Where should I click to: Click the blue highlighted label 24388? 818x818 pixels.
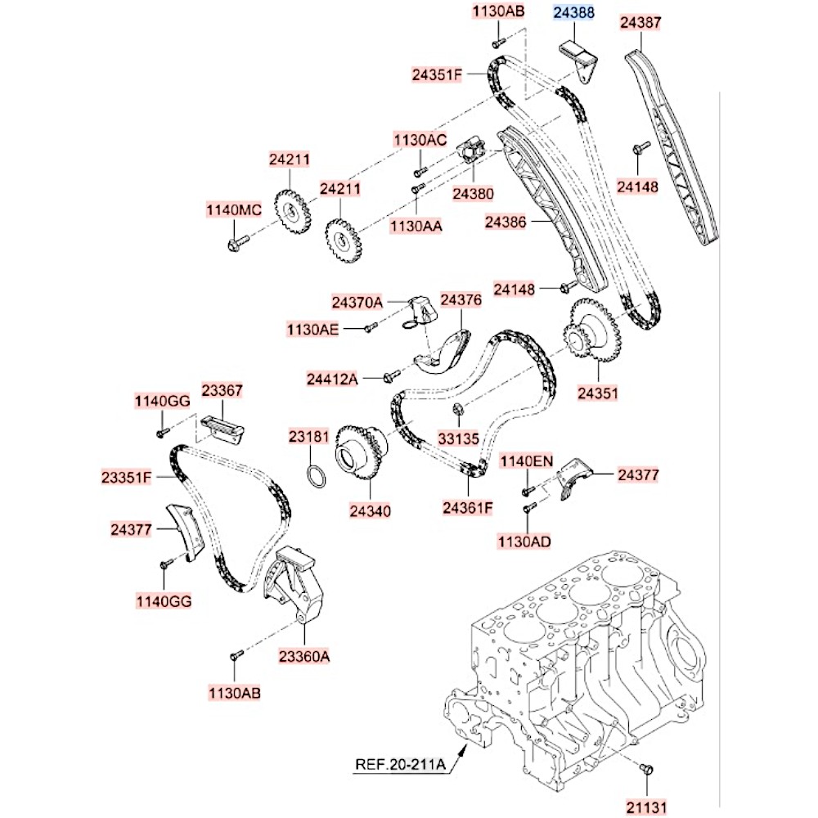[574, 14]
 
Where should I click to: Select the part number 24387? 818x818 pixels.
[640, 24]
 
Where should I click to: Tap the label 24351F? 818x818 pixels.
[438, 75]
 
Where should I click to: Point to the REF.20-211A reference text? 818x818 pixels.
[400, 766]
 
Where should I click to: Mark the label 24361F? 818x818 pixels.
[469, 508]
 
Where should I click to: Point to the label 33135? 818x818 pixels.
[457, 438]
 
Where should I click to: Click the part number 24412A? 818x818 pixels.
[333, 379]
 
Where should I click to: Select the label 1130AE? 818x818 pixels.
[312, 329]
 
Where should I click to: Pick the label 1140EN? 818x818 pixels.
[527, 461]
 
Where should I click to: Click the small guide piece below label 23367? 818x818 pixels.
[223, 427]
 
